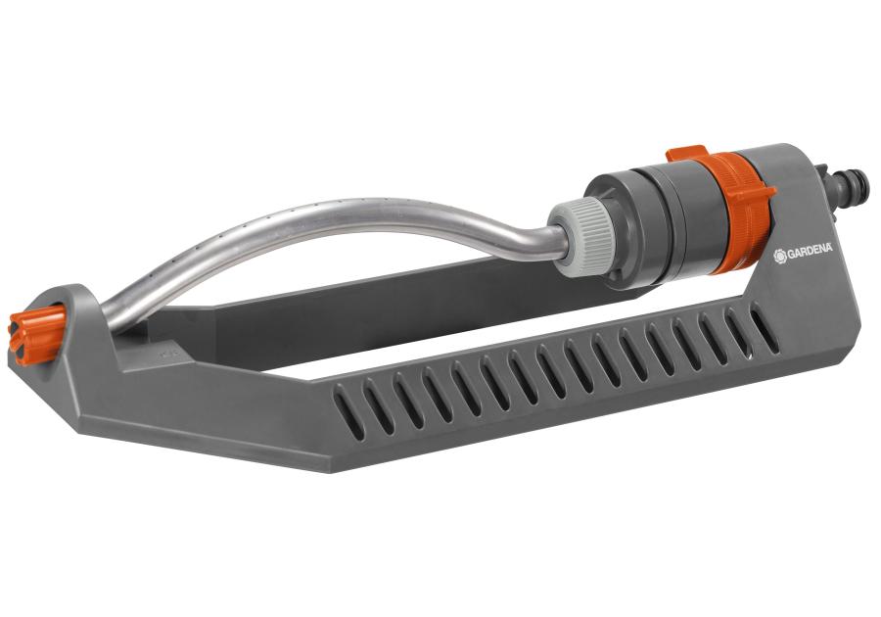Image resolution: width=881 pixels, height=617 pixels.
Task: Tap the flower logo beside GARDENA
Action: click(779, 257)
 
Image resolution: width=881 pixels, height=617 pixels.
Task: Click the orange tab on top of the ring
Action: click(685, 154)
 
